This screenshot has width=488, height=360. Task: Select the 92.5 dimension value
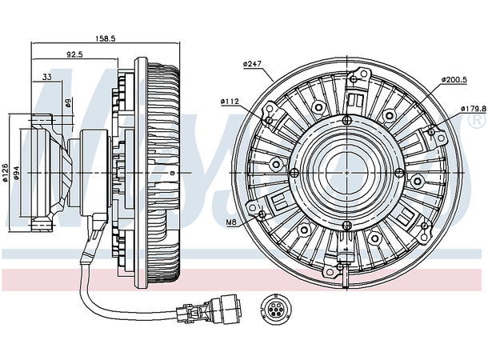76,55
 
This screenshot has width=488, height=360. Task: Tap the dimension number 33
47,77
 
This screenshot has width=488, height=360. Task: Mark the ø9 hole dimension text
68,103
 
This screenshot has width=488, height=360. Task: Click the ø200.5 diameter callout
455,81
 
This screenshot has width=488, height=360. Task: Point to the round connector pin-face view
274,308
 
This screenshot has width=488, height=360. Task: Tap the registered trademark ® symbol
477,121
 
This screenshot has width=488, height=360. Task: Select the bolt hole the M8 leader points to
262,214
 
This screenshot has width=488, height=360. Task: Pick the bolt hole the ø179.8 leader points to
431,130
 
